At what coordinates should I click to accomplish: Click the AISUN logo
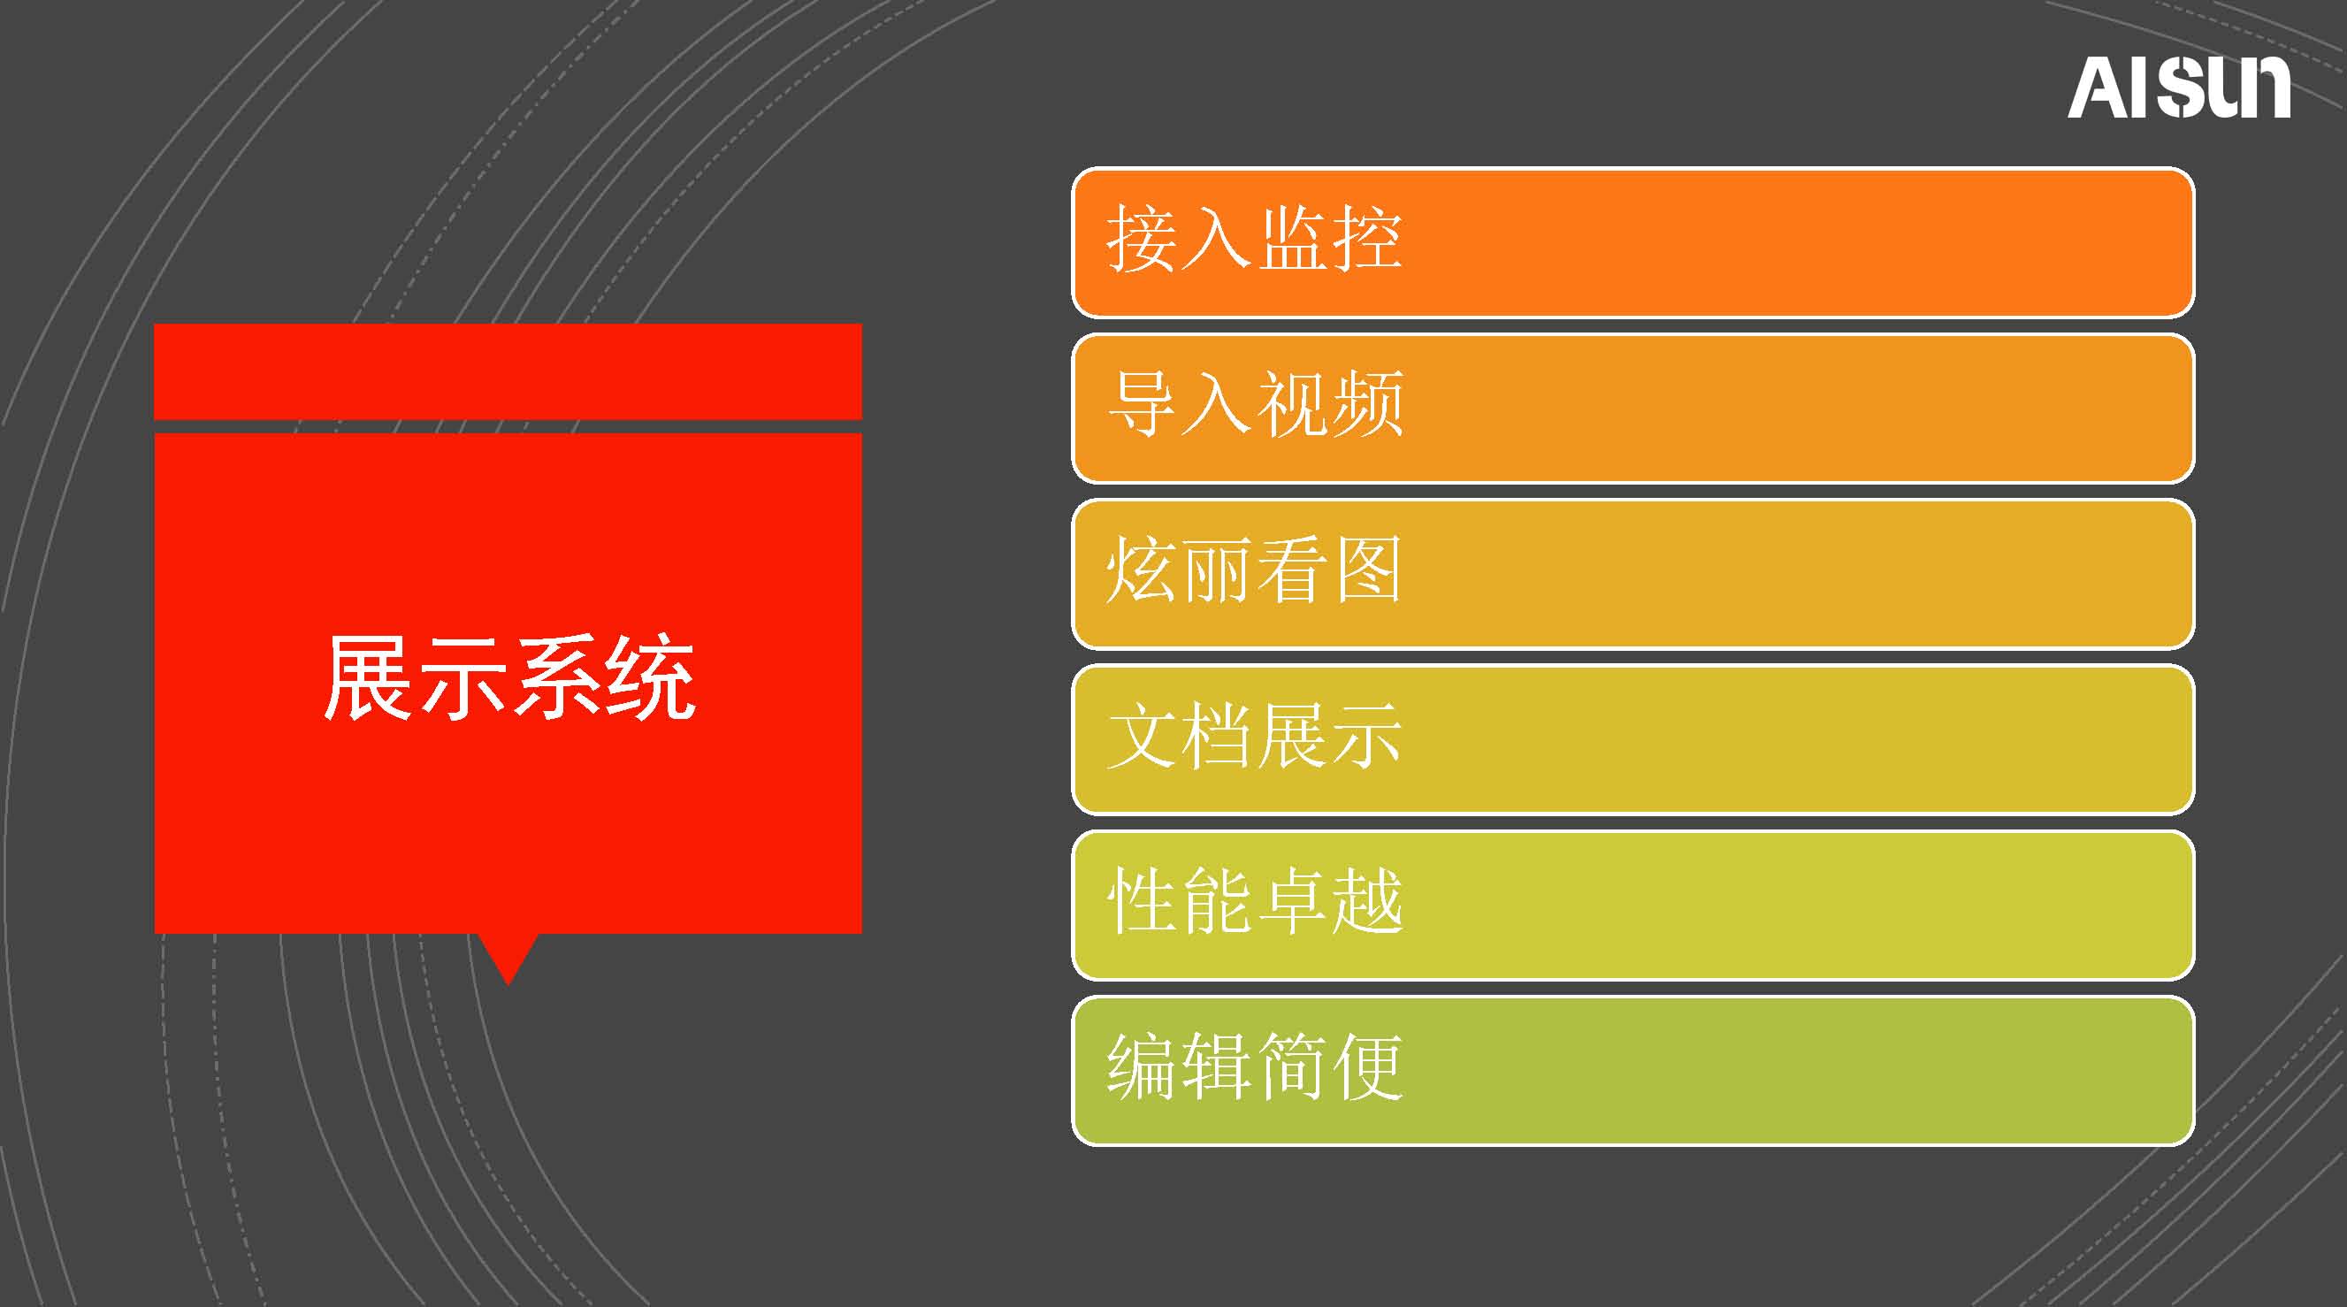(x=2178, y=88)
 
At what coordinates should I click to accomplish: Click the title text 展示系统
(x=510, y=677)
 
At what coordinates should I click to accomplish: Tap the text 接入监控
(x=1255, y=239)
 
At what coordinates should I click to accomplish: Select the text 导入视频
(x=1255, y=404)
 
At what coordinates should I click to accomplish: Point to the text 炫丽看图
(x=1254, y=570)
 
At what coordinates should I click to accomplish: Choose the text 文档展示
(x=1255, y=736)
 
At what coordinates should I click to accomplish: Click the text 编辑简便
(x=1255, y=1066)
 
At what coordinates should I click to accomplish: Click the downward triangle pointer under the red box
(x=508, y=954)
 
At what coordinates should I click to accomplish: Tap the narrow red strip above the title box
(x=508, y=371)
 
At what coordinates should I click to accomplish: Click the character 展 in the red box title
(x=370, y=677)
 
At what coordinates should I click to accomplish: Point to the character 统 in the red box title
(x=652, y=677)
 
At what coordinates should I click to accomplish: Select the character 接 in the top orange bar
(x=1143, y=239)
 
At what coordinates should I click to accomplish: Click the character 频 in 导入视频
(x=1367, y=404)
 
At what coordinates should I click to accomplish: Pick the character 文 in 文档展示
(x=1143, y=736)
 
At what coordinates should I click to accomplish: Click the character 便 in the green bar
(x=1367, y=1066)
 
